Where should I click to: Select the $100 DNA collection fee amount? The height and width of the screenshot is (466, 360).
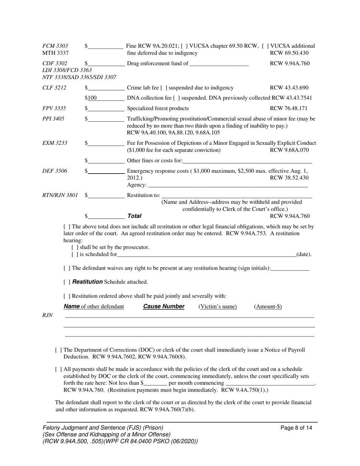[x=91, y=98]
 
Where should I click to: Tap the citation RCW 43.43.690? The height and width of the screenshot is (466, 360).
[x=289, y=88]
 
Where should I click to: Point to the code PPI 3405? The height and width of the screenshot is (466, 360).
[x=53, y=119]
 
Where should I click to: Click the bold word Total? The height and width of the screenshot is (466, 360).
[x=134, y=216]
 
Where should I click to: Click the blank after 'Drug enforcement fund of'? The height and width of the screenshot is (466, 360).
[x=219, y=64]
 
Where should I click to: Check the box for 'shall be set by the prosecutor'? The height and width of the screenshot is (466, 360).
[x=75, y=247]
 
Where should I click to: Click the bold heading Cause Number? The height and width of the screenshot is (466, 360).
[x=164, y=306]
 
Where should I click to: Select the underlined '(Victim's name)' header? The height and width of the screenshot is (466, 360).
[x=218, y=306]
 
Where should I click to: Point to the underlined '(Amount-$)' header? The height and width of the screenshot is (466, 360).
[x=268, y=306]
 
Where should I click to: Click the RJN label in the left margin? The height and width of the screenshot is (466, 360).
[x=47, y=315]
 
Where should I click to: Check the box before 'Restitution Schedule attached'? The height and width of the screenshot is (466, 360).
[x=67, y=282]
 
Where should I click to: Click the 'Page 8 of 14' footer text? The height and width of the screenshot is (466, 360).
[x=296, y=428]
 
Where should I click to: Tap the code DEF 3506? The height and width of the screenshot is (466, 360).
[x=55, y=171]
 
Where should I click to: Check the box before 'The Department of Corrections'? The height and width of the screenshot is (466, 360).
[x=58, y=350]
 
